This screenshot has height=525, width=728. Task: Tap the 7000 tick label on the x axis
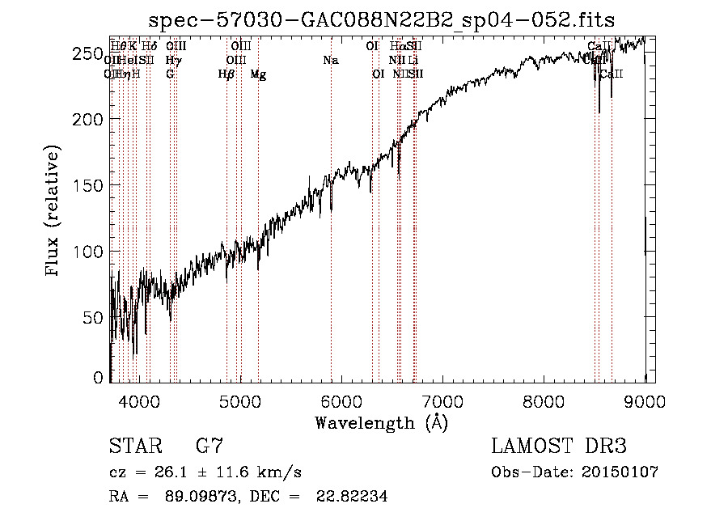coord(442,402)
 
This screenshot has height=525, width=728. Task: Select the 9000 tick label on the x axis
coord(645,402)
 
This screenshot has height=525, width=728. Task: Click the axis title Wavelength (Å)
coord(381,422)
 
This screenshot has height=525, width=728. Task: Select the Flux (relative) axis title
coord(54,212)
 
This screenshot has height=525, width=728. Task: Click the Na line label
coord(330,61)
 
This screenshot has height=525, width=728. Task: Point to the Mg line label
coord(258,74)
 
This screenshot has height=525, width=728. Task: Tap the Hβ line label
coord(226,74)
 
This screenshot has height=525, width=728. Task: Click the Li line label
coord(413,61)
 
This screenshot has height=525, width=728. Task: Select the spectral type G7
coord(210,447)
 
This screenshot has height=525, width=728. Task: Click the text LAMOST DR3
coord(559,447)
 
